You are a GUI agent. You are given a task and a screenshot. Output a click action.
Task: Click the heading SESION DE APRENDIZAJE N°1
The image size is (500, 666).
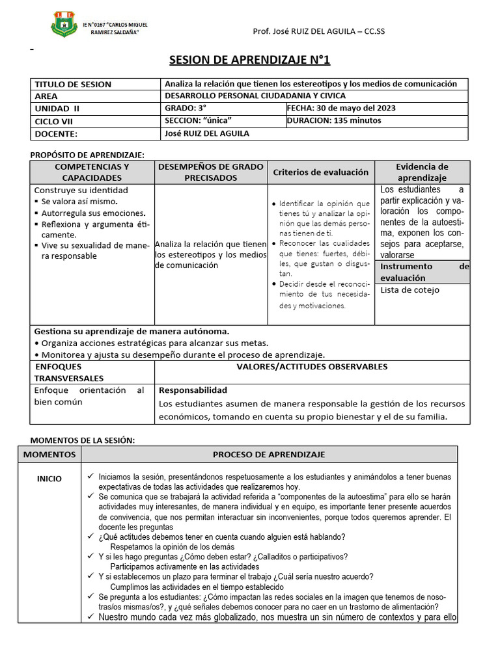[250, 60]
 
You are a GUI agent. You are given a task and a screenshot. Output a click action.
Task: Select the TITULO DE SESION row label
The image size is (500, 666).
[73, 84]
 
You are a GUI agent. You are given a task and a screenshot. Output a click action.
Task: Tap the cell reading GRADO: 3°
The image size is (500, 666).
[186, 108]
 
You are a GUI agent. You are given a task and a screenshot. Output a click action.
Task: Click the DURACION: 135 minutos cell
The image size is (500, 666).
[334, 120]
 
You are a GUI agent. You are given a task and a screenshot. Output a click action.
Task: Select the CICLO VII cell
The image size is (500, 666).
[55, 121]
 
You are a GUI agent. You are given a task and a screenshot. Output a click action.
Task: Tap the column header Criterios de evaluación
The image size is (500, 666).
[320, 172]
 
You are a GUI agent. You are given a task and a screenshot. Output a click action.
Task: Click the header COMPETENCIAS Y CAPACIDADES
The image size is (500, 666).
[92, 172]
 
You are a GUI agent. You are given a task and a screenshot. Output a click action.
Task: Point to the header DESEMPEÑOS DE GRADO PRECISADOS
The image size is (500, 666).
[210, 172]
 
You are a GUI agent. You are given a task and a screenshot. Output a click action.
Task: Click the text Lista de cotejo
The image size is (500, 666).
[410, 290]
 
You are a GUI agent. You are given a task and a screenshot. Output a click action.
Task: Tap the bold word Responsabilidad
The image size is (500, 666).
[193, 390]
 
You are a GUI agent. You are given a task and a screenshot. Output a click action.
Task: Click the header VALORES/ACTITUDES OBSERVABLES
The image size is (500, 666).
[312, 367]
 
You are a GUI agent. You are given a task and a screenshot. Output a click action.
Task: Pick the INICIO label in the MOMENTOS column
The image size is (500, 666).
[49, 479]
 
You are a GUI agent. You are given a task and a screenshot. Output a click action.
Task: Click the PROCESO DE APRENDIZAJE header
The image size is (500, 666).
[269, 454]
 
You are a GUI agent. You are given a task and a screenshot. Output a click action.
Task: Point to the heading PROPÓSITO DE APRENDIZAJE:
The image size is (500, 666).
[88, 154]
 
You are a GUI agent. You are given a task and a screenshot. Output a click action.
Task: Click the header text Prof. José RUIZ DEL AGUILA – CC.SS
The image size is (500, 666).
[318, 31]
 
